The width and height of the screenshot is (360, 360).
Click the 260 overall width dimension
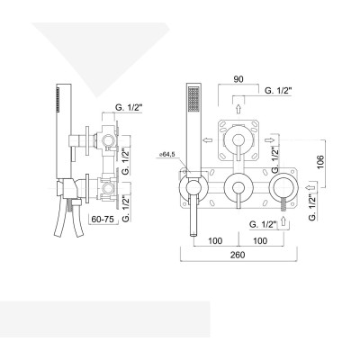coord(238,255)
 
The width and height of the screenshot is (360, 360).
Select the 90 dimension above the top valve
coord(238,78)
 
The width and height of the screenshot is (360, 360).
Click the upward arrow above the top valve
coord(238,106)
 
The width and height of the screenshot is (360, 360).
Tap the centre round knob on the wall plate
coord(238,187)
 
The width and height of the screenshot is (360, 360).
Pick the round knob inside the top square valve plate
coord(238,139)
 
